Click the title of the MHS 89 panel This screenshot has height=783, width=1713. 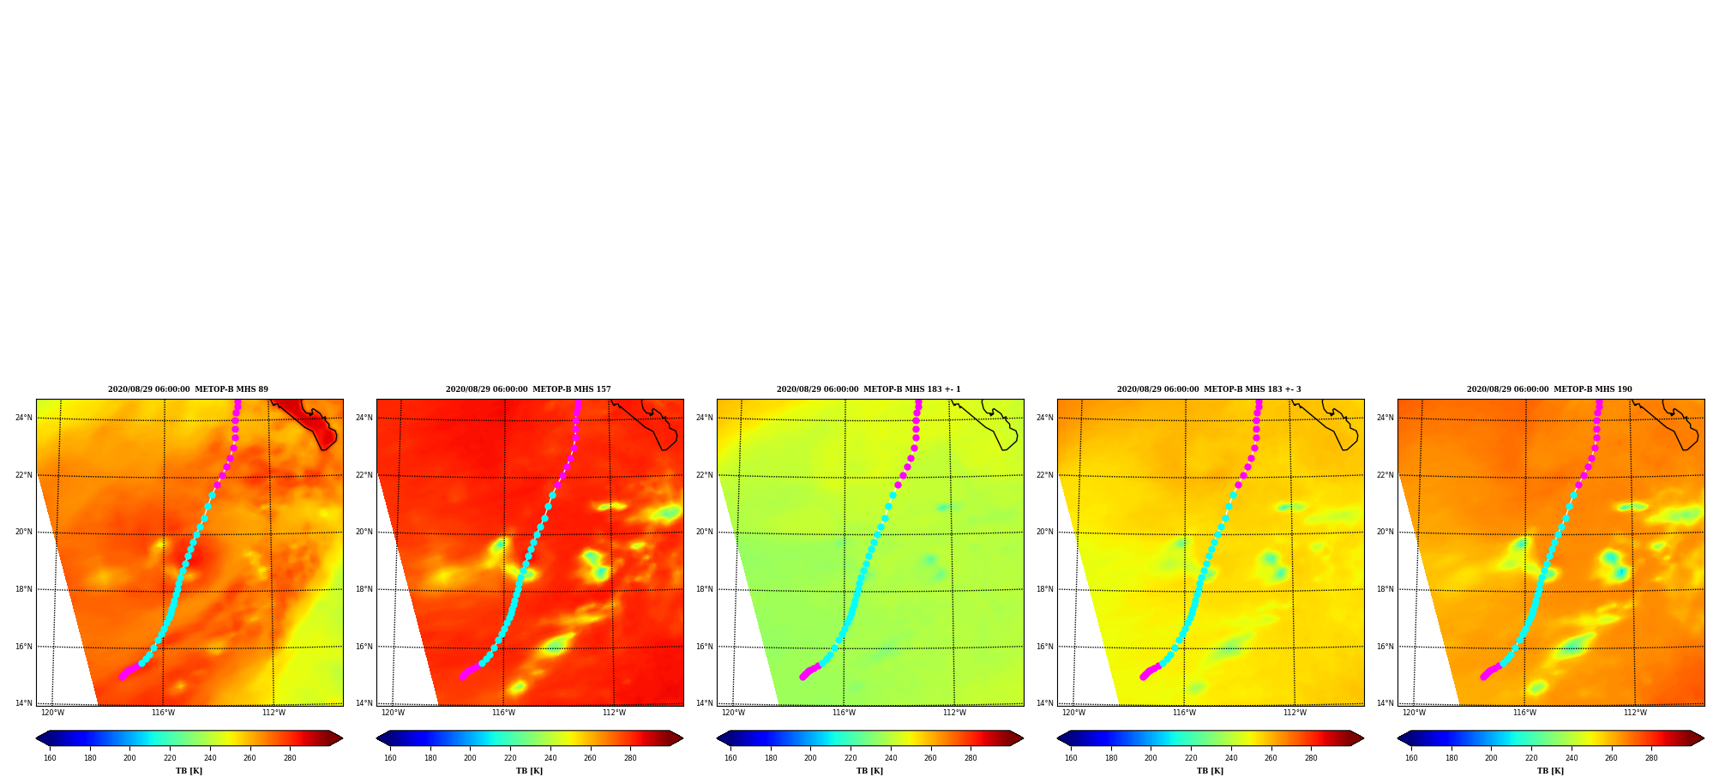point(188,389)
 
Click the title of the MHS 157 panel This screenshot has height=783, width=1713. point(528,389)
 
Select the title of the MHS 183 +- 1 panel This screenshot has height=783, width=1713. point(869,389)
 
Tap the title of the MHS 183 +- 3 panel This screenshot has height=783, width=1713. point(1209,389)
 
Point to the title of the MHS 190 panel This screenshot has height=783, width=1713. point(1549,389)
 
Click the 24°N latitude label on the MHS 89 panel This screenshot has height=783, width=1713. point(24,419)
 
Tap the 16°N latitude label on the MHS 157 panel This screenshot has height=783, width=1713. point(364,647)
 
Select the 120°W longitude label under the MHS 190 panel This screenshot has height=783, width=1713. point(1414,713)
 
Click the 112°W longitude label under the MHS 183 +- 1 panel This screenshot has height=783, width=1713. point(954,713)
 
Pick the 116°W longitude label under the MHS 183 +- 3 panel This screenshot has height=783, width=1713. point(1184,713)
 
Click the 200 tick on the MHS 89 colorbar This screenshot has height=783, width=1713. point(129,758)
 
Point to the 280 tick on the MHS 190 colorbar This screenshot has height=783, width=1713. point(1651,758)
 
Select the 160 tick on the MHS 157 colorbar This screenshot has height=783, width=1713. point(390,758)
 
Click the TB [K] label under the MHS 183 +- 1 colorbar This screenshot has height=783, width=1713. point(869,771)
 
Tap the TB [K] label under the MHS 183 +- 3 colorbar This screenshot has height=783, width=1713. point(1210,771)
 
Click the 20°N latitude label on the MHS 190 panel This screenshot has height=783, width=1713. point(1385,533)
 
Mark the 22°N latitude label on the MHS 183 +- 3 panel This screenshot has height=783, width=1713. point(1045,476)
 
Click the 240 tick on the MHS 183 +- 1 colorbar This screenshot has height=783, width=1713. point(891,758)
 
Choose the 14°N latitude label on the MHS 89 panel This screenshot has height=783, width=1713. point(24,704)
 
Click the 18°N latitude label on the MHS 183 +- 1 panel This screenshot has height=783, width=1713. point(705,590)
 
